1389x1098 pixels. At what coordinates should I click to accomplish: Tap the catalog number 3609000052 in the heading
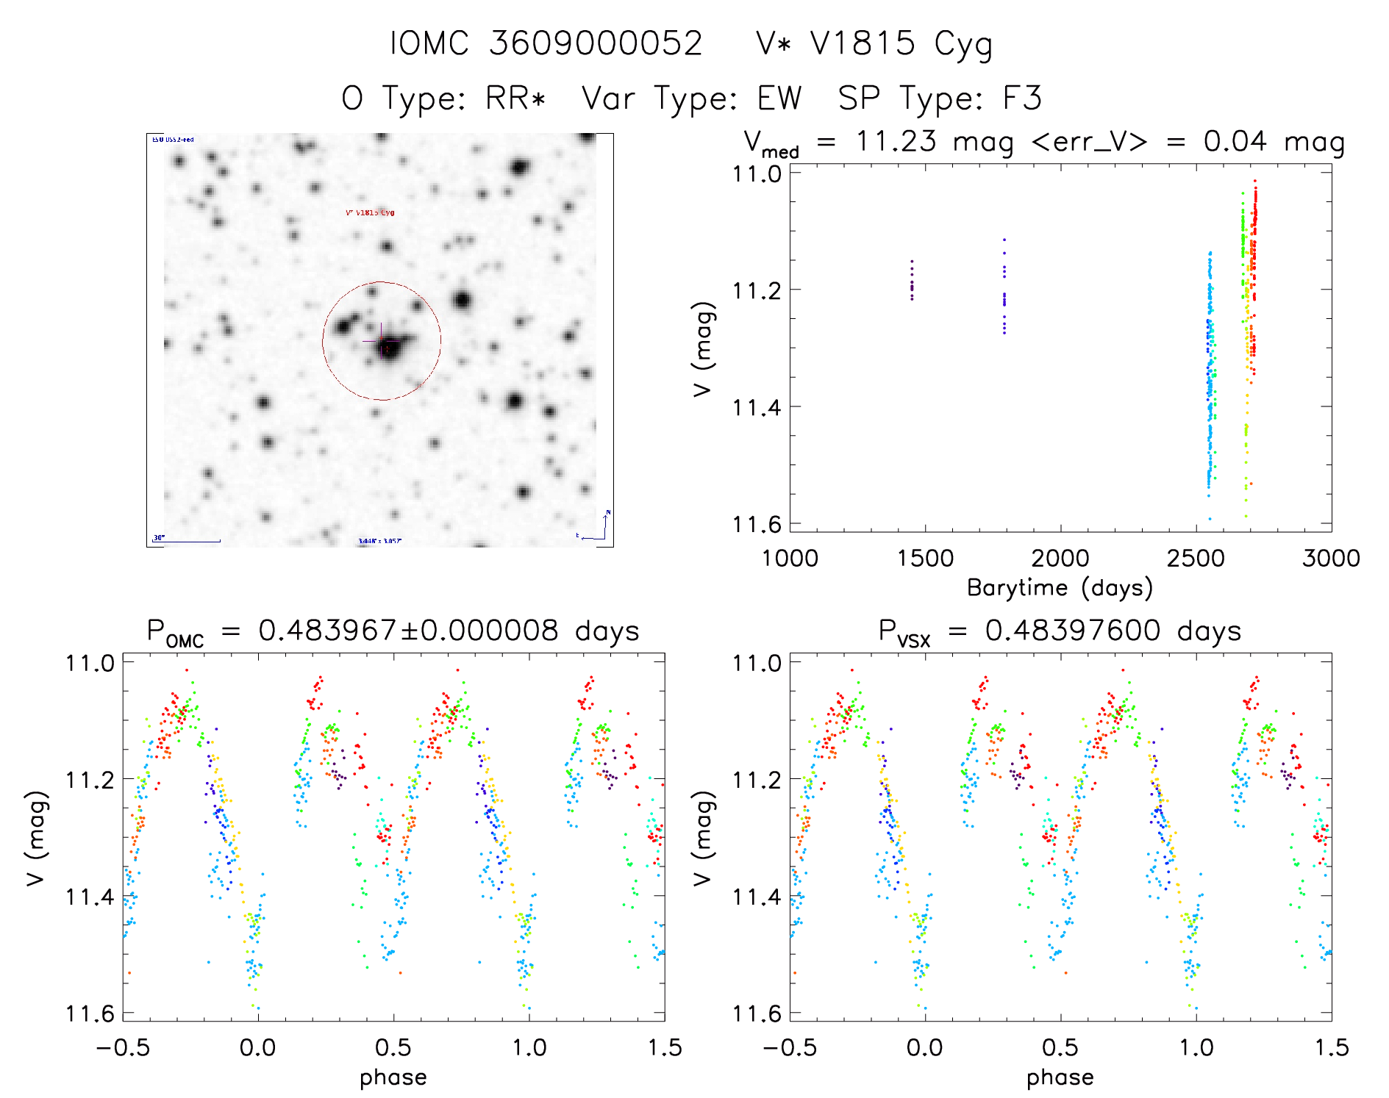[596, 43]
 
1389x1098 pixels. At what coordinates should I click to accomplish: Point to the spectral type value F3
[1022, 98]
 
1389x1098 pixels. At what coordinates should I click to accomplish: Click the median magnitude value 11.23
[896, 141]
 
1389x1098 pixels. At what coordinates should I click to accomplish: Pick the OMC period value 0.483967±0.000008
[408, 631]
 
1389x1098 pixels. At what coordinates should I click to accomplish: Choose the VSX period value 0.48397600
[1073, 631]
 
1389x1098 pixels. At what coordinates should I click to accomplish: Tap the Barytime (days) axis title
[1060, 588]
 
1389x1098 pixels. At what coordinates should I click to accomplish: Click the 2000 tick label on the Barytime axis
[1060, 559]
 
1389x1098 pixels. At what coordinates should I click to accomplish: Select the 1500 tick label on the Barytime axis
[925, 559]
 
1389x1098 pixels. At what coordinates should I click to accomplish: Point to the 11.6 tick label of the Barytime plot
[755, 524]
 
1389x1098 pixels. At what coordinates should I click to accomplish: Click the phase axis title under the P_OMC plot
[393, 1077]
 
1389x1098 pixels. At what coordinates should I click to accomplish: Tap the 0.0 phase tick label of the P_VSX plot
[925, 1048]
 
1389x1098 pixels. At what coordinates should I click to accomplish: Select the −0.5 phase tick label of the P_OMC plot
[123, 1048]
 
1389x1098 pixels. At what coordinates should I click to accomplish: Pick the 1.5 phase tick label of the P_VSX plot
[1331, 1048]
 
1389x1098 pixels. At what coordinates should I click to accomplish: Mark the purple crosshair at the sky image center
[381, 341]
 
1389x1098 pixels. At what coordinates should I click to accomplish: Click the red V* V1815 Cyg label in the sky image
[370, 212]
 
